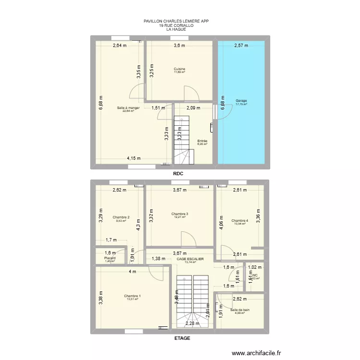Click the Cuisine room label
(x=180, y=69)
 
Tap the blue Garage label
(x=241, y=101)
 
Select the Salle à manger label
(x=128, y=108)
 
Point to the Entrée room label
(x=202, y=141)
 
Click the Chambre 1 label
(x=132, y=296)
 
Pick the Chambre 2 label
(x=121, y=217)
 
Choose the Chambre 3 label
(x=180, y=214)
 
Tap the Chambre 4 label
(x=240, y=221)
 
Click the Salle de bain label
(x=240, y=310)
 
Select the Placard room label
(x=110, y=258)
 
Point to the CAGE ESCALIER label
(x=190, y=259)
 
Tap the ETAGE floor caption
(x=182, y=338)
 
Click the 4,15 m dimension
(x=134, y=158)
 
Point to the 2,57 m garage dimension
(x=241, y=46)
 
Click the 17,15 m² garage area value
(x=241, y=104)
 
